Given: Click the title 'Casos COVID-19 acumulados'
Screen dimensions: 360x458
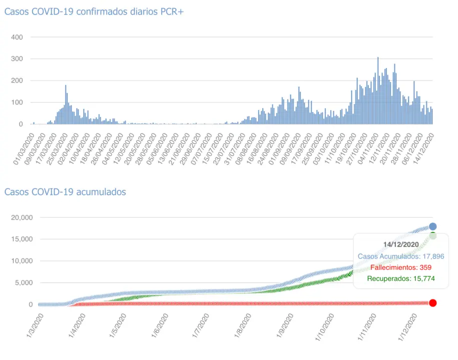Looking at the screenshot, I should point(65,192).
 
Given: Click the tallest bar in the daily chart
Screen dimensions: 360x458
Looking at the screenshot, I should point(378,90).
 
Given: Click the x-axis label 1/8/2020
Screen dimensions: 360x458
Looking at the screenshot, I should point(243,325).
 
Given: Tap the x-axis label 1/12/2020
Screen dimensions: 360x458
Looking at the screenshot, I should point(409,326).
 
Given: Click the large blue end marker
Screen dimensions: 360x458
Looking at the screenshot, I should point(433,226).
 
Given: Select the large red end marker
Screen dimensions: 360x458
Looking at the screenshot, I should point(433,302).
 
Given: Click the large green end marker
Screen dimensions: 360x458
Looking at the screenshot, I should point(433,235).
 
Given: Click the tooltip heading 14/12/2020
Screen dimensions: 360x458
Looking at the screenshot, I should point(401,244).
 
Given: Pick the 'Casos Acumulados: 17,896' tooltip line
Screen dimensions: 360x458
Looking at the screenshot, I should point(401,256).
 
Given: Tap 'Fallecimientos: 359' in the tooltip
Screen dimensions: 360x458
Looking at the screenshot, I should point(401,267).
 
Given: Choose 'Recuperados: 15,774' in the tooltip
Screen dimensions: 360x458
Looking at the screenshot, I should point(401,278).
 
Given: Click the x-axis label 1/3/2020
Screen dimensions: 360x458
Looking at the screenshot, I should point(35,325).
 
